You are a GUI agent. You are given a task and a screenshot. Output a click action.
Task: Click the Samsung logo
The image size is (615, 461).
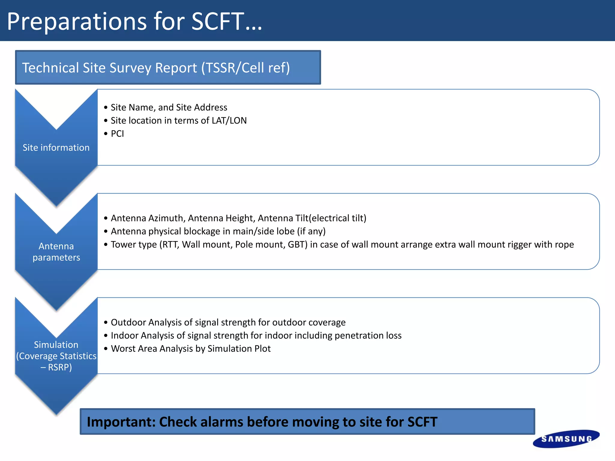pyautogui.click(x=566, y=439)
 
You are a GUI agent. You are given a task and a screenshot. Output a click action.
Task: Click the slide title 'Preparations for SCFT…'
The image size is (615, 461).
pyautogui.click(x=135, y=22)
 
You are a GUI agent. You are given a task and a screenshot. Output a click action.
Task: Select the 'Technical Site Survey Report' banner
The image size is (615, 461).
pyautogui.click(x=168, y=68)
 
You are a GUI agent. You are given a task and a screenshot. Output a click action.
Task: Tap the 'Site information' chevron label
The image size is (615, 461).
pyautogui.click(x=56, y=148)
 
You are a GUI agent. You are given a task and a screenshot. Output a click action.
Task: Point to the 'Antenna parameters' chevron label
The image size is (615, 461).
pyautogui.click(x=56, y=252)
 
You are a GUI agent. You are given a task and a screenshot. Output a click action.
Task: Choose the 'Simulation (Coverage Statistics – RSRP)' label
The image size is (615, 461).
pyautogui.click(x=56, y=356)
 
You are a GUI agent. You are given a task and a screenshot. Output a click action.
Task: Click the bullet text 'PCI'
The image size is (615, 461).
pyautogui.click(x=117, y=134)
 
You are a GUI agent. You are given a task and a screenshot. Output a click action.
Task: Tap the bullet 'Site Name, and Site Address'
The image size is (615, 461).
pyautogui.click(x=169, y=107)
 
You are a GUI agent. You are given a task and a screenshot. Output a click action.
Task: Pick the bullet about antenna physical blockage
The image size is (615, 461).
pyautogui.click(x=218, y=231)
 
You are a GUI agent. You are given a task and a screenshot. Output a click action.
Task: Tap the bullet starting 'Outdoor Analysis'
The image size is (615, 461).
pyautogui.click(x=228, y=322)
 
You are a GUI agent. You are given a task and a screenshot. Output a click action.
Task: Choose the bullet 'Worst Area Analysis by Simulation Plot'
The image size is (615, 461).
pyautogui.click(x=191, y=349)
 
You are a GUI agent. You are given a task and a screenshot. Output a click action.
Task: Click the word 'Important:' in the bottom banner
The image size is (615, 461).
pyautogui.click(x=121, y=422)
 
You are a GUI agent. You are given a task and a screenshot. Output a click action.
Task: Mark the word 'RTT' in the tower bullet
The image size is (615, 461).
pyautogui.click(x=171, y=245)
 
